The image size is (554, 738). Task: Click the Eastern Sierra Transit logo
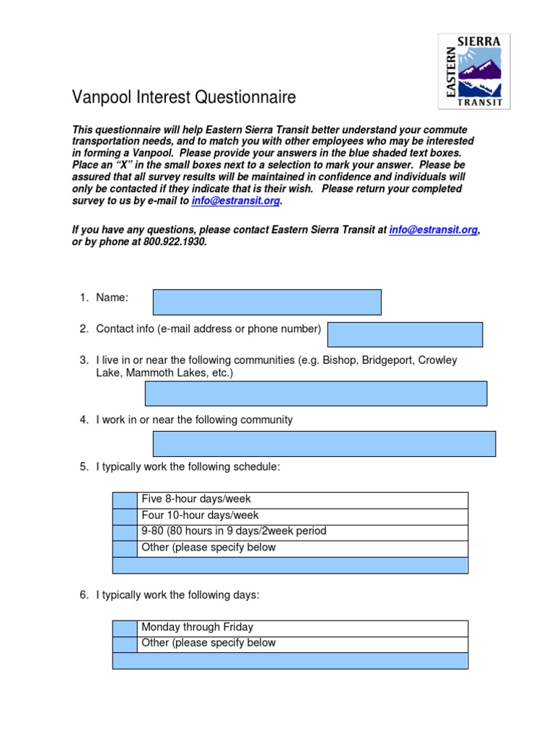474,71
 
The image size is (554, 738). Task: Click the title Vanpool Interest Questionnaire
183,97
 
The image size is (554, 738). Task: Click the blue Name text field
267,303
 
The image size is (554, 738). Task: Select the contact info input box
405,335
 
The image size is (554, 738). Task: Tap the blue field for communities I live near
316,394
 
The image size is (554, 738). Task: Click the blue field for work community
324,444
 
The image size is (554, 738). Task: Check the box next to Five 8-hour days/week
125,500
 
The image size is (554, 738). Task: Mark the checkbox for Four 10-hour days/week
125,516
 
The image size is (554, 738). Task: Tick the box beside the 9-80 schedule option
125,532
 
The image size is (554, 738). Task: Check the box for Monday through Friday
125,628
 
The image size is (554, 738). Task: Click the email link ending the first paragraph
235,201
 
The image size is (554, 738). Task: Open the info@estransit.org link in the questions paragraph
433,230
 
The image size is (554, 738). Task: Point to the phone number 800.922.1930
175,242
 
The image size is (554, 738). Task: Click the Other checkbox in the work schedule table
125,548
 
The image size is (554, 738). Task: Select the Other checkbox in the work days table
125,644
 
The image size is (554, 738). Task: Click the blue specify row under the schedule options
290,565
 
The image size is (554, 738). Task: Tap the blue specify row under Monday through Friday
290,661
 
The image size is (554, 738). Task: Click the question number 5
84,468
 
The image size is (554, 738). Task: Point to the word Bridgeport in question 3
387,360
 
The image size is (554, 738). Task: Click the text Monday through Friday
197,628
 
